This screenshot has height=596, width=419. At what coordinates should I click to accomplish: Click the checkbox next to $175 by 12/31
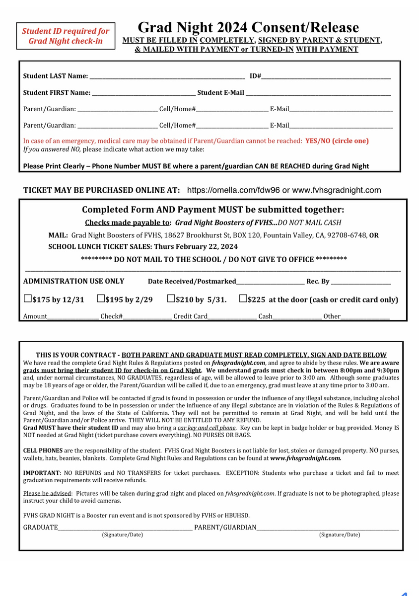pos(27,299)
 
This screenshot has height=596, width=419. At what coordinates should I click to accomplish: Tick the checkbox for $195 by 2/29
pos(101,298)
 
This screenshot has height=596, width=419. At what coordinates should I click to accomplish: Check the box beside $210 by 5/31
pos(171,298)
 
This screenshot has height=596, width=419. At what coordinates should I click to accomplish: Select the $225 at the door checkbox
pos(243,298)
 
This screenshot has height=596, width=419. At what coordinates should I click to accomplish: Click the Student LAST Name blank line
pos(167,77)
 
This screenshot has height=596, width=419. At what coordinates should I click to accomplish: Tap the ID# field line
pos(326,77)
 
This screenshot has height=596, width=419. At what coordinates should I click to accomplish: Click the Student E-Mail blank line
pos(318,93)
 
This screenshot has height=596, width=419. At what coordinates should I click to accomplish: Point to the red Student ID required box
pos(65,36)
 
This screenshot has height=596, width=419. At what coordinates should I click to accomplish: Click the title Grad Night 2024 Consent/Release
pos(248,27)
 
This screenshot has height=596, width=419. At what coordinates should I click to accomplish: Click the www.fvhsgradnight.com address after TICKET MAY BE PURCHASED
pos(337,190)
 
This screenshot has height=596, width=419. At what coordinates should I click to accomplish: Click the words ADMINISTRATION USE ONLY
pos(73,281)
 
